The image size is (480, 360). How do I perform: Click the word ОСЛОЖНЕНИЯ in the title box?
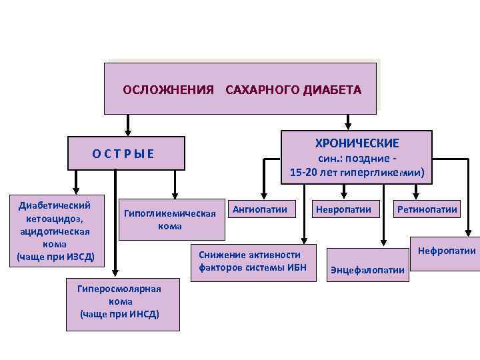pyautogui.click(x=168, y=89)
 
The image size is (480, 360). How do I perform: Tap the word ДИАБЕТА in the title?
pyautogui.click(x=332, y=89)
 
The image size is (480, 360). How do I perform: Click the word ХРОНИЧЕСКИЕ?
pyautogui.click(x=357, y=143)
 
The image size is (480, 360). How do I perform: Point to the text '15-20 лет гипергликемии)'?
pyautogui.click(x=357, y=173)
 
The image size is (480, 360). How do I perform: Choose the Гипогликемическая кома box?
pyautogui.click(x=170, y=219)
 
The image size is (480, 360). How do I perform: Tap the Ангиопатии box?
pyautogui.click(x=260, y=210)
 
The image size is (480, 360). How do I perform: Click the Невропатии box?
pyautogui.click(x=344, y=210)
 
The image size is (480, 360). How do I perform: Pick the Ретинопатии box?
pyautogui.click(x=427, y=210)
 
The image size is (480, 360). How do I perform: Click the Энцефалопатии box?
pyautogui.click(x=367, y=269)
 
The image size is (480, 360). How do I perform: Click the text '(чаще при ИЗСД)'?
pyautogui.click(x=56, y=257)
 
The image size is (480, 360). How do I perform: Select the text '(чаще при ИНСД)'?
pyautogui.click(x=120, y=314)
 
